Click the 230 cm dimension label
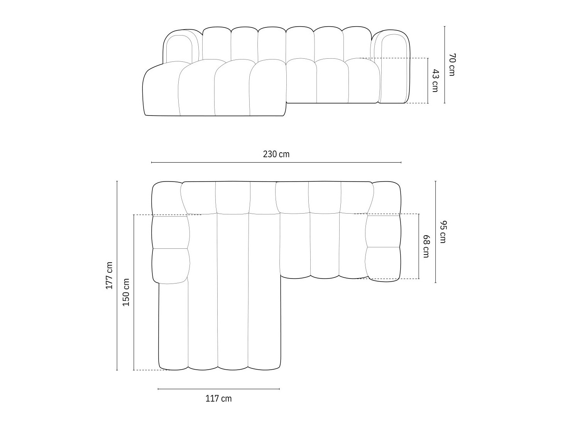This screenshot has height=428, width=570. coord(276,155)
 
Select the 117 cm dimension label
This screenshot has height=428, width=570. coord(218,399)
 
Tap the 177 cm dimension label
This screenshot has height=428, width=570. coord(110,275)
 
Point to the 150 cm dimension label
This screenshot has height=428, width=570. coord(126,292)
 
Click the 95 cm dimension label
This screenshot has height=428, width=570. coord(442,232)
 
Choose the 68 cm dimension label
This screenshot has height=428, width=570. coord(426,246)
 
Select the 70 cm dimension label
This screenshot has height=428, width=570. coord(452,65)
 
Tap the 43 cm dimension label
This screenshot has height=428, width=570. coord(435,80)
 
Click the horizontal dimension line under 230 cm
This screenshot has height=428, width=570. coord(276,163)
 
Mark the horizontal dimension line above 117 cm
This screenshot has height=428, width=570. coord(218,389)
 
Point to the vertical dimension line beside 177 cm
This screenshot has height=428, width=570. coord(117,275)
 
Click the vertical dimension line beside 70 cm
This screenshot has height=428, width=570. coord(445,65)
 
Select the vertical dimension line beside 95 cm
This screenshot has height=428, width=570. coord(436,232)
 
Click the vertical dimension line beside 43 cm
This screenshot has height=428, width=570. coord(428,80)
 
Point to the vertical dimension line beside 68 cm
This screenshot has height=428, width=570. coord(419,246)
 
